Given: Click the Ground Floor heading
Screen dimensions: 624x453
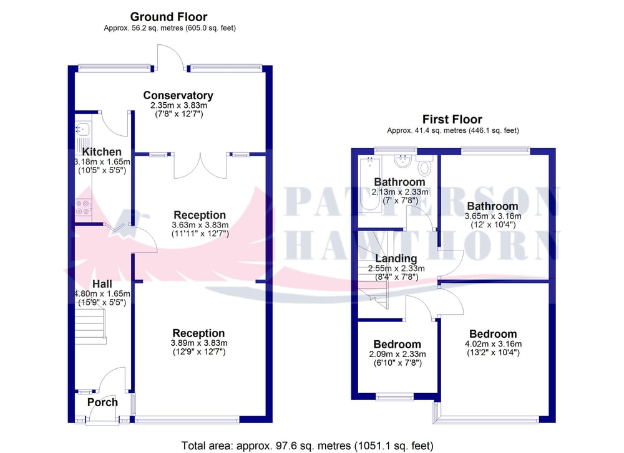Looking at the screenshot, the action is [x=168, y=17].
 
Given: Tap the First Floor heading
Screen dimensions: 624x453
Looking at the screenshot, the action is [x=452, y=119].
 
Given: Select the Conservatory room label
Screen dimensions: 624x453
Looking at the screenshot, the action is [x=178, y=95].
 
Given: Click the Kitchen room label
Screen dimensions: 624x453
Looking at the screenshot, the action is [x=102, y=152].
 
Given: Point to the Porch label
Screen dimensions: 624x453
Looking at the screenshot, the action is [x=103, y=402].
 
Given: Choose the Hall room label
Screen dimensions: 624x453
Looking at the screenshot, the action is [x=102, y=284].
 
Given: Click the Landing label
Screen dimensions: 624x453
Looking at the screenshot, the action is [x=396, y=259].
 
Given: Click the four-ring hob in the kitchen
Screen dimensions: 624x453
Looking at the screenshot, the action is [x=84, y=207].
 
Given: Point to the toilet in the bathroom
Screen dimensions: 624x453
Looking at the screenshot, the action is [x=424, y=165].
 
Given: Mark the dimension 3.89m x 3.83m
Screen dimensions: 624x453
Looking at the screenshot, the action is [x=200, y=343].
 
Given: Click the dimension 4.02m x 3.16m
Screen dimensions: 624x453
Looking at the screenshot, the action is [x=493, y=344].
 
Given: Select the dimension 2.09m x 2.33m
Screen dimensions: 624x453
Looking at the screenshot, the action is [x=397, y=354].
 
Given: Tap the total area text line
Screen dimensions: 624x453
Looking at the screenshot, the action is [x=307, y=446].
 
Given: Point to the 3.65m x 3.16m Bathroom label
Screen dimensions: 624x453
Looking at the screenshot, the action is [x=493, y=206].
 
